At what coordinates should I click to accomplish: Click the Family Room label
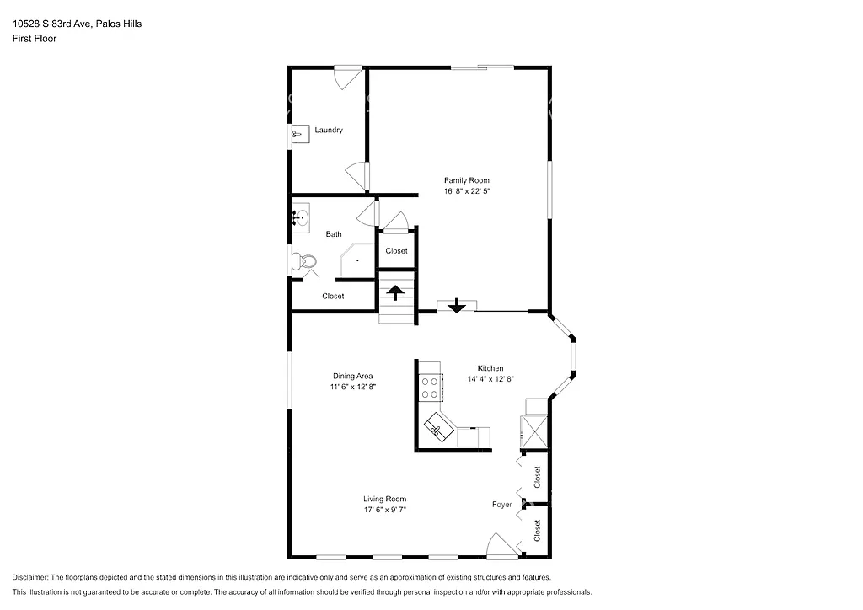[466, 180]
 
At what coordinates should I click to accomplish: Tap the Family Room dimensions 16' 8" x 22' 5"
[466, 192]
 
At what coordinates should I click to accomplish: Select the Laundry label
[329, 131]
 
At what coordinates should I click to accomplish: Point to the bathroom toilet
[303, 263]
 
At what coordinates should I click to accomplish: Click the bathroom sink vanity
[301, 217]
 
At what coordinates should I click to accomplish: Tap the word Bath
[334, 234]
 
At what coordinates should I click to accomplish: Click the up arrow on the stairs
[395, 294]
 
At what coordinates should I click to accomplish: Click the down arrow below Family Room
[456, 306]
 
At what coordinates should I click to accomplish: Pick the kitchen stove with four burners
[430, 386]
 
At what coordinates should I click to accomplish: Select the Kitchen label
[490, 368]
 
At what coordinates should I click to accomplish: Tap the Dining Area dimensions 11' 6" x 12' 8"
[352, 388]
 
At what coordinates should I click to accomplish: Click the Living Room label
[385, 498]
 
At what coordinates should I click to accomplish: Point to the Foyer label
[502, 505]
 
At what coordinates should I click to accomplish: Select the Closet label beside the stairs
[396, 251]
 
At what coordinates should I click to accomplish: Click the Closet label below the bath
[333, 296]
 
